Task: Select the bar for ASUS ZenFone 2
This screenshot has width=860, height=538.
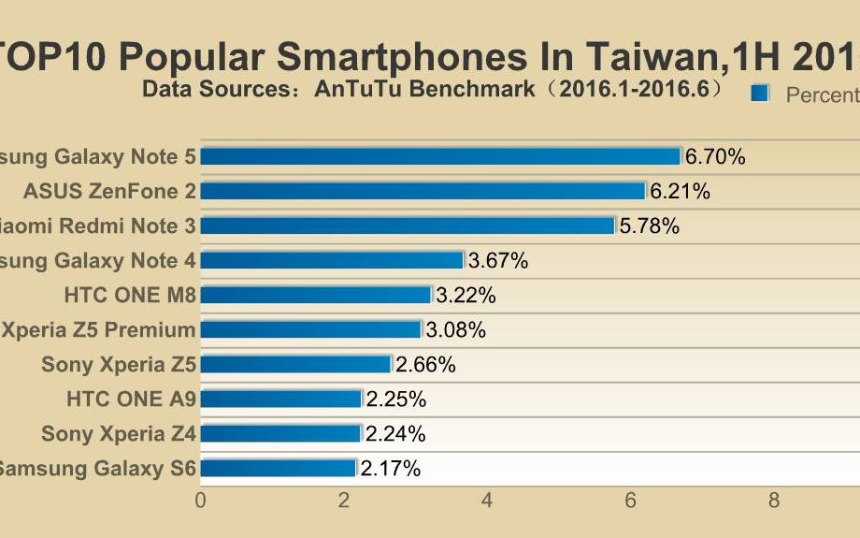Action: pos(423,191)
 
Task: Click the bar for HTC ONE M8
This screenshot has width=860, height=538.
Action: pos(316,295)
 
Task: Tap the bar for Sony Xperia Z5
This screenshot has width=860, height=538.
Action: pos(295,364)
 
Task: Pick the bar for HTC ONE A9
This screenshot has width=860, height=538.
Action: pos(280,399)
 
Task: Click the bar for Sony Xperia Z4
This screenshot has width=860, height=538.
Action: pos(280,433)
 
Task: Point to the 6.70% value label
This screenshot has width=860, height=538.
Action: pos(715,157)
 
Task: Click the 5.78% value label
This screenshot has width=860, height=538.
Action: pos(649,226)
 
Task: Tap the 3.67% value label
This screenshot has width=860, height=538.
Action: pos(498,261)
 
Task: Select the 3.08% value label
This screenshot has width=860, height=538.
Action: pos(455,330)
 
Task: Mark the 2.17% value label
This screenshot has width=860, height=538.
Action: pos(390,468)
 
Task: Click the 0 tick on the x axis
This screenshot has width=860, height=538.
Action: pos(200,501)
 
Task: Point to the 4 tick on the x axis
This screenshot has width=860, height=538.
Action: pos(487,501)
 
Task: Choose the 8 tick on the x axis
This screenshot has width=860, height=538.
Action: pos(774,501)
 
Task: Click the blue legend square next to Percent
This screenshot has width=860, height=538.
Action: pos(759,94)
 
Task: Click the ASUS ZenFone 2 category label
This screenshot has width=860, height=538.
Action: pos(109,191)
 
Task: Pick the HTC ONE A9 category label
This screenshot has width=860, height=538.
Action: pos(131,399)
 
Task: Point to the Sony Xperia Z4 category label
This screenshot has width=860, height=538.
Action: pos(119,433)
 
